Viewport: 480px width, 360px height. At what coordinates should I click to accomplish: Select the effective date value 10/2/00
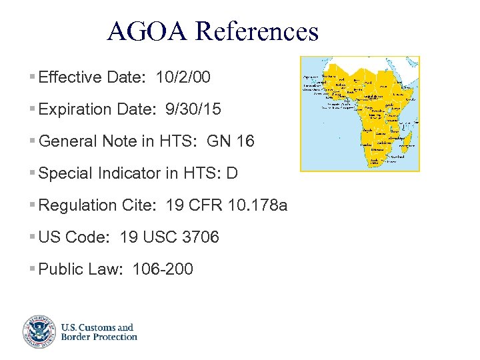pos(183,77)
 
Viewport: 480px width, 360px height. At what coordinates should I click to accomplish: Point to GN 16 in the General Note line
pos(231,141)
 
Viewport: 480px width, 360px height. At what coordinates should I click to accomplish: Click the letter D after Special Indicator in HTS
pos(232,173)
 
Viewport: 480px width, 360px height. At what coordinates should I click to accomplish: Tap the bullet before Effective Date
pos(33,78)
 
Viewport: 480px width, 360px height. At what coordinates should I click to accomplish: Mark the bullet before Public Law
pos(33,270)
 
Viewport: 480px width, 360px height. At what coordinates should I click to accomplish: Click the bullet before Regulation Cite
pos(33,206)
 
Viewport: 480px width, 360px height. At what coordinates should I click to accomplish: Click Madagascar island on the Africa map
pos(409,139)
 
